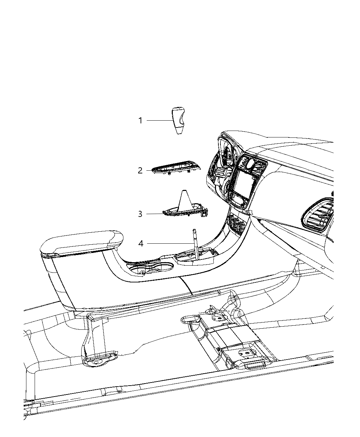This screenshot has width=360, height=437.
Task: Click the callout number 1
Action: [140, 121]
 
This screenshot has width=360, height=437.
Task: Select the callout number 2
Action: [140, 170]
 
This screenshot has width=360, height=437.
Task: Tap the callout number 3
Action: [140, 214]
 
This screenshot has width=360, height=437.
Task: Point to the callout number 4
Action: [141, 244]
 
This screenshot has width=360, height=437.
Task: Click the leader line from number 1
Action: [158, 121]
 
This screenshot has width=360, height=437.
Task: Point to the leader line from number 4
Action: [168, 244]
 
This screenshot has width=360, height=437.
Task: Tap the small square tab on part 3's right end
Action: [205, 213]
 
